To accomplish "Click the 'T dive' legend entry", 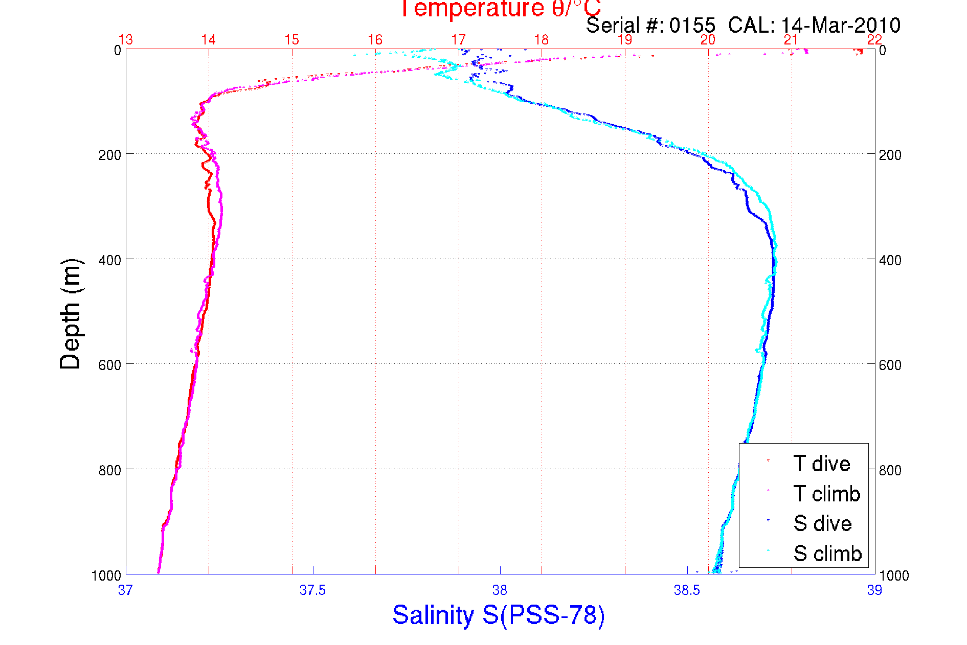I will (x=821, y=464).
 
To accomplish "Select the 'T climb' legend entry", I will (x=826, y=494).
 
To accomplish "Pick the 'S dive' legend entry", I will (x=822, y=523).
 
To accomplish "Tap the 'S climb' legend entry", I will (x=827, y=554).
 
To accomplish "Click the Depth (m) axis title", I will (x=71, y=314).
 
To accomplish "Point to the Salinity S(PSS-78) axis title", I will (x=499, y=615).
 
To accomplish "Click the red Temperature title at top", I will (x=500, y=9).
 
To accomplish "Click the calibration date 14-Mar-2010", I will (x=841, y=25).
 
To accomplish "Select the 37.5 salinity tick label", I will (x=312, y=590).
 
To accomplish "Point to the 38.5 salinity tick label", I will (x=687, y=590).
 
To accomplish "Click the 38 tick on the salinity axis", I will (x=500, y=590).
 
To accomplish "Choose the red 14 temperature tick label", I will (x=209, y=40).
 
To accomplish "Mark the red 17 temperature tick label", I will (x=458, y=40).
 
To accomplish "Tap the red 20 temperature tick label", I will (x=708, y=40).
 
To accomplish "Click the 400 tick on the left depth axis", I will (x=109, y=260).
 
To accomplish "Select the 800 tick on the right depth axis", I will (x=890, y=470).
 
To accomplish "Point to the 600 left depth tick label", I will (x=109, y=365).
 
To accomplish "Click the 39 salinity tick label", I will (x=874, y=590).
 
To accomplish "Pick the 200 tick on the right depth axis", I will (x=890, y=155).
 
